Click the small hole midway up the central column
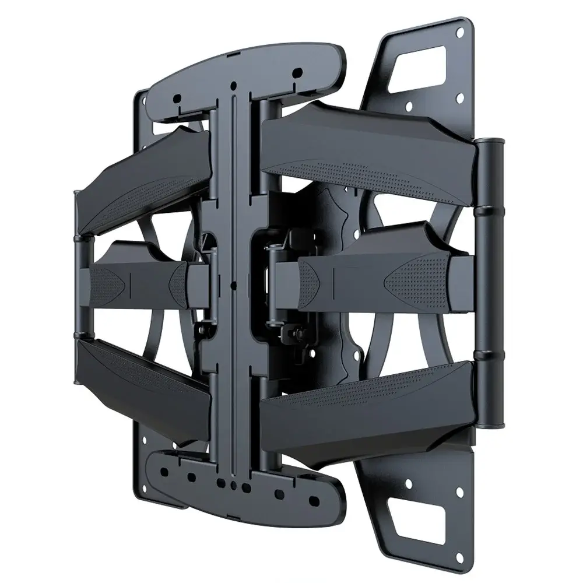(x=233, y=286)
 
